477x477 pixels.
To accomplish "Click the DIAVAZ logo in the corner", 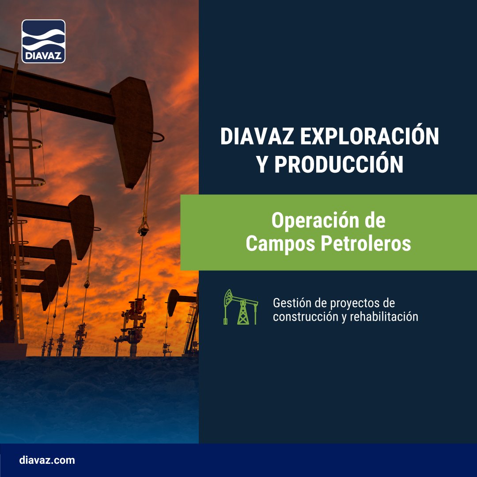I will pyautogui.click(x=43, y=41).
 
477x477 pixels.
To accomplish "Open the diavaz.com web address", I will pyautogui.click(x=47, y=460).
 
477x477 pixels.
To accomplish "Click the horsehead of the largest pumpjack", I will pyautogui.click(x=132, y=128).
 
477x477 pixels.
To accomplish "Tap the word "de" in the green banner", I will pyautogui.click(x=374, y=220).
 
